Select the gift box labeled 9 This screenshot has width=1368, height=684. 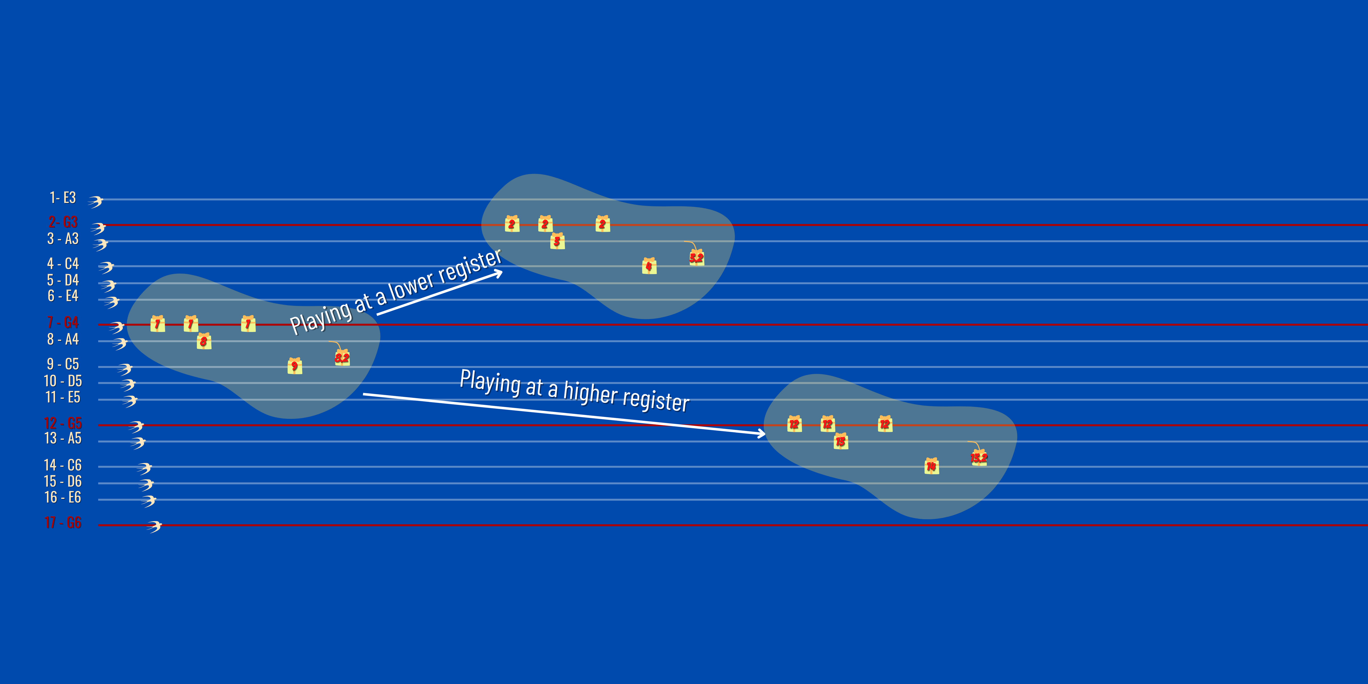click(295, 366)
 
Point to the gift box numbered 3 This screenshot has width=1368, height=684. click(557, 241)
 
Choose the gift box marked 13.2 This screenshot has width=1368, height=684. click(979, 458)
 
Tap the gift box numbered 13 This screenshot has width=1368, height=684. click(841, 441)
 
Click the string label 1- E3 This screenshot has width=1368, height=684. click(63, 198)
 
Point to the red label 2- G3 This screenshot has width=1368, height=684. click(63, 222)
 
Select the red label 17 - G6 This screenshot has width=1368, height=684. click(63, 523)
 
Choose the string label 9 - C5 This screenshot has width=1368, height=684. click(63, 364)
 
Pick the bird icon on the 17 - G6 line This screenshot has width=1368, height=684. click(154, 526)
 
